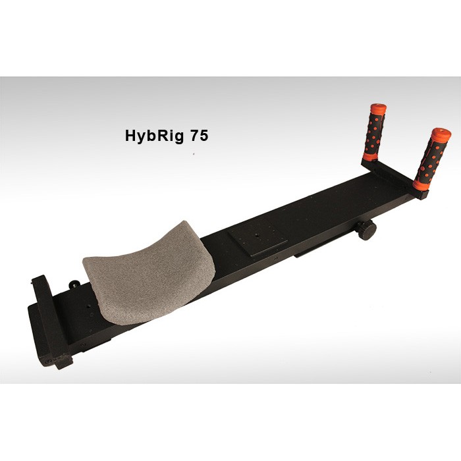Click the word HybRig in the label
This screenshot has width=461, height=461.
coord(154,136)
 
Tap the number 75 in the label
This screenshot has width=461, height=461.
coord(200,135)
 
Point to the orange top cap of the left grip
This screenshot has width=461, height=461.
coord(379,108)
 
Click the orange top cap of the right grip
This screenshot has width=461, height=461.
coord(441,134)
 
